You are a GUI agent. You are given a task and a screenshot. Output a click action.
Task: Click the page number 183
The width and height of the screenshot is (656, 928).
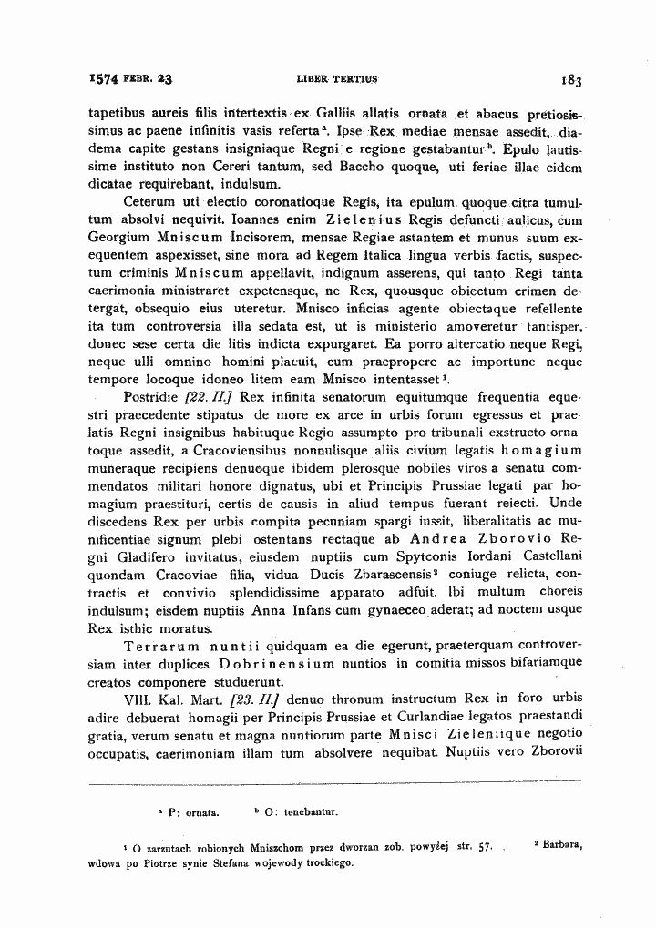point(572,79)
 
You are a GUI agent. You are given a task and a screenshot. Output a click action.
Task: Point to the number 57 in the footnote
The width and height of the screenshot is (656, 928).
point(486,847)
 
